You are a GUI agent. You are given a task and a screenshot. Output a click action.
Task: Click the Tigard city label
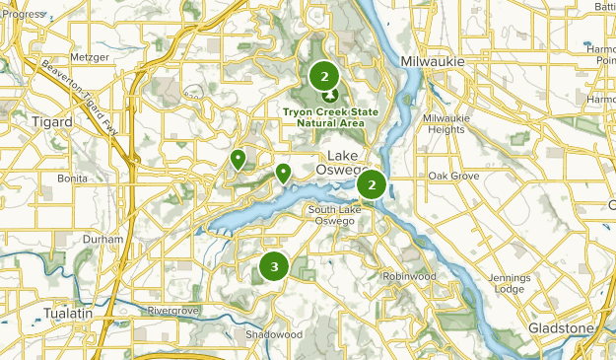51,121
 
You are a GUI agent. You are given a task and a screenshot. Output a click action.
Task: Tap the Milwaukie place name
433,62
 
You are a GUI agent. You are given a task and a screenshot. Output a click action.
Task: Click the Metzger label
90,57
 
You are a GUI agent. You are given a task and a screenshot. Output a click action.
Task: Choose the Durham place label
103,240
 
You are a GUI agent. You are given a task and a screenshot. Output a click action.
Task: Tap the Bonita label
72,179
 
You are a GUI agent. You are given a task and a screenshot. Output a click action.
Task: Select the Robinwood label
409,276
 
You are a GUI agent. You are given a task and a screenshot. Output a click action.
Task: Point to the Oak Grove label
453,176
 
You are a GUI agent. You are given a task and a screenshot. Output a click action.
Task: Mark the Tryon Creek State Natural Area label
325,117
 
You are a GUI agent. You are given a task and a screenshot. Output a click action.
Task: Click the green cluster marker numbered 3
274,266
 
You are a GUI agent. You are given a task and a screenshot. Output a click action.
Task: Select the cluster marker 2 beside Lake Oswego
372,184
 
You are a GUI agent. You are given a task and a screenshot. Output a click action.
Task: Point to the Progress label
24,15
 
